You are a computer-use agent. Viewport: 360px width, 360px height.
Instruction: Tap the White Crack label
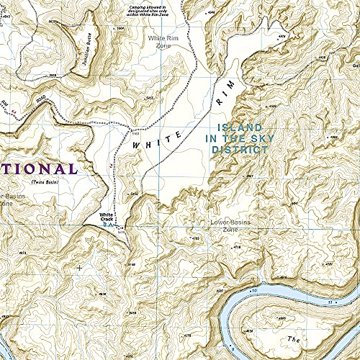[x=106, y=217]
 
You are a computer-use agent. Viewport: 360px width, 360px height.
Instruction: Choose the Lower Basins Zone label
[x=229, y=225]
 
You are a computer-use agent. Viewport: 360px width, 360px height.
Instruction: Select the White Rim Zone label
[x=163, y=41]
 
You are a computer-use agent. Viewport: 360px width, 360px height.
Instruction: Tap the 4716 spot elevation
[x=237, y=247]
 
